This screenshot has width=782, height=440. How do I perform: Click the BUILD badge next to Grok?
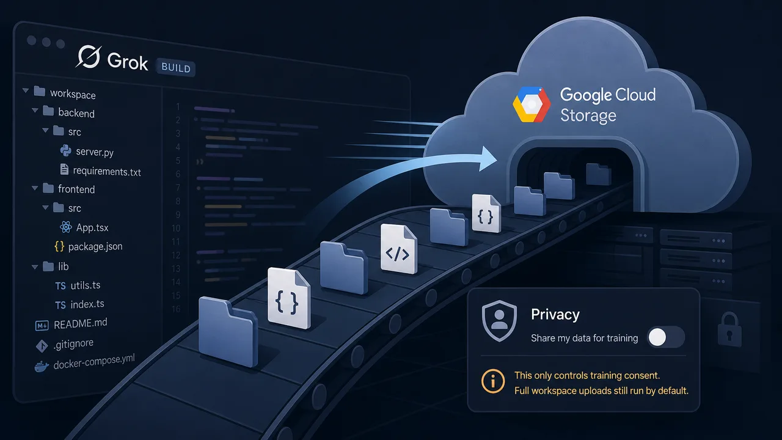point(176,67)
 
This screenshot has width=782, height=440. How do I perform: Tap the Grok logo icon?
point(89,57)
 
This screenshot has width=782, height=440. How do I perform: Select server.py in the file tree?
point(95,152)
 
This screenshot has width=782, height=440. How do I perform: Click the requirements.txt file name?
point(107,172)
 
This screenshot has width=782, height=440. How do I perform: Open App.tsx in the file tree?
point(92,228)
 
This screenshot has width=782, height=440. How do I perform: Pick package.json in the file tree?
point(95,246)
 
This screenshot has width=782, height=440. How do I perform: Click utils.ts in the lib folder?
point(85,285)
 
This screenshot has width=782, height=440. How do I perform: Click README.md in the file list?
point(80,324)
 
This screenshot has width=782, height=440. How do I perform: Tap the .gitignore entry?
point(73,344)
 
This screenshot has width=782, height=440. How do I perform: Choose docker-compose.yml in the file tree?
point(94,362)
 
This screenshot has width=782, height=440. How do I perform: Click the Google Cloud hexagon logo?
point(532,105)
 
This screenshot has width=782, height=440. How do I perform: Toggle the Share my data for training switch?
point(666,337)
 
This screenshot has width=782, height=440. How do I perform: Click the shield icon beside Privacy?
point(499,321)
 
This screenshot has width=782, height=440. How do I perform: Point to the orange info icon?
point(493,381)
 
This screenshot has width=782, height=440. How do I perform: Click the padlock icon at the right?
point(729,329)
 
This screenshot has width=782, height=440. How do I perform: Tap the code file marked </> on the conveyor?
point(398,249)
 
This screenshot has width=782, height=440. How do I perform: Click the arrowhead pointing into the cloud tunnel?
point(488,159)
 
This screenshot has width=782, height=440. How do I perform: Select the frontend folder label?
point(76,189)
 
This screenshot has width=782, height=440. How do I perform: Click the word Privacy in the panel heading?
point(555,314)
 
